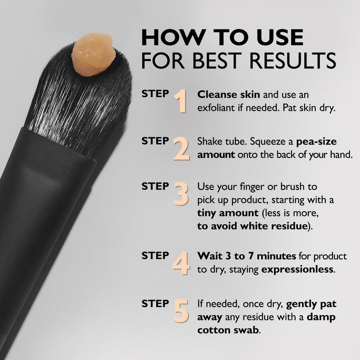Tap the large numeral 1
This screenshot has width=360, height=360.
[180, 101]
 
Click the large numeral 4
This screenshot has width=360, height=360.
[181, 264]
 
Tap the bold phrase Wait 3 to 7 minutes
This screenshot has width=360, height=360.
[247, 256]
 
